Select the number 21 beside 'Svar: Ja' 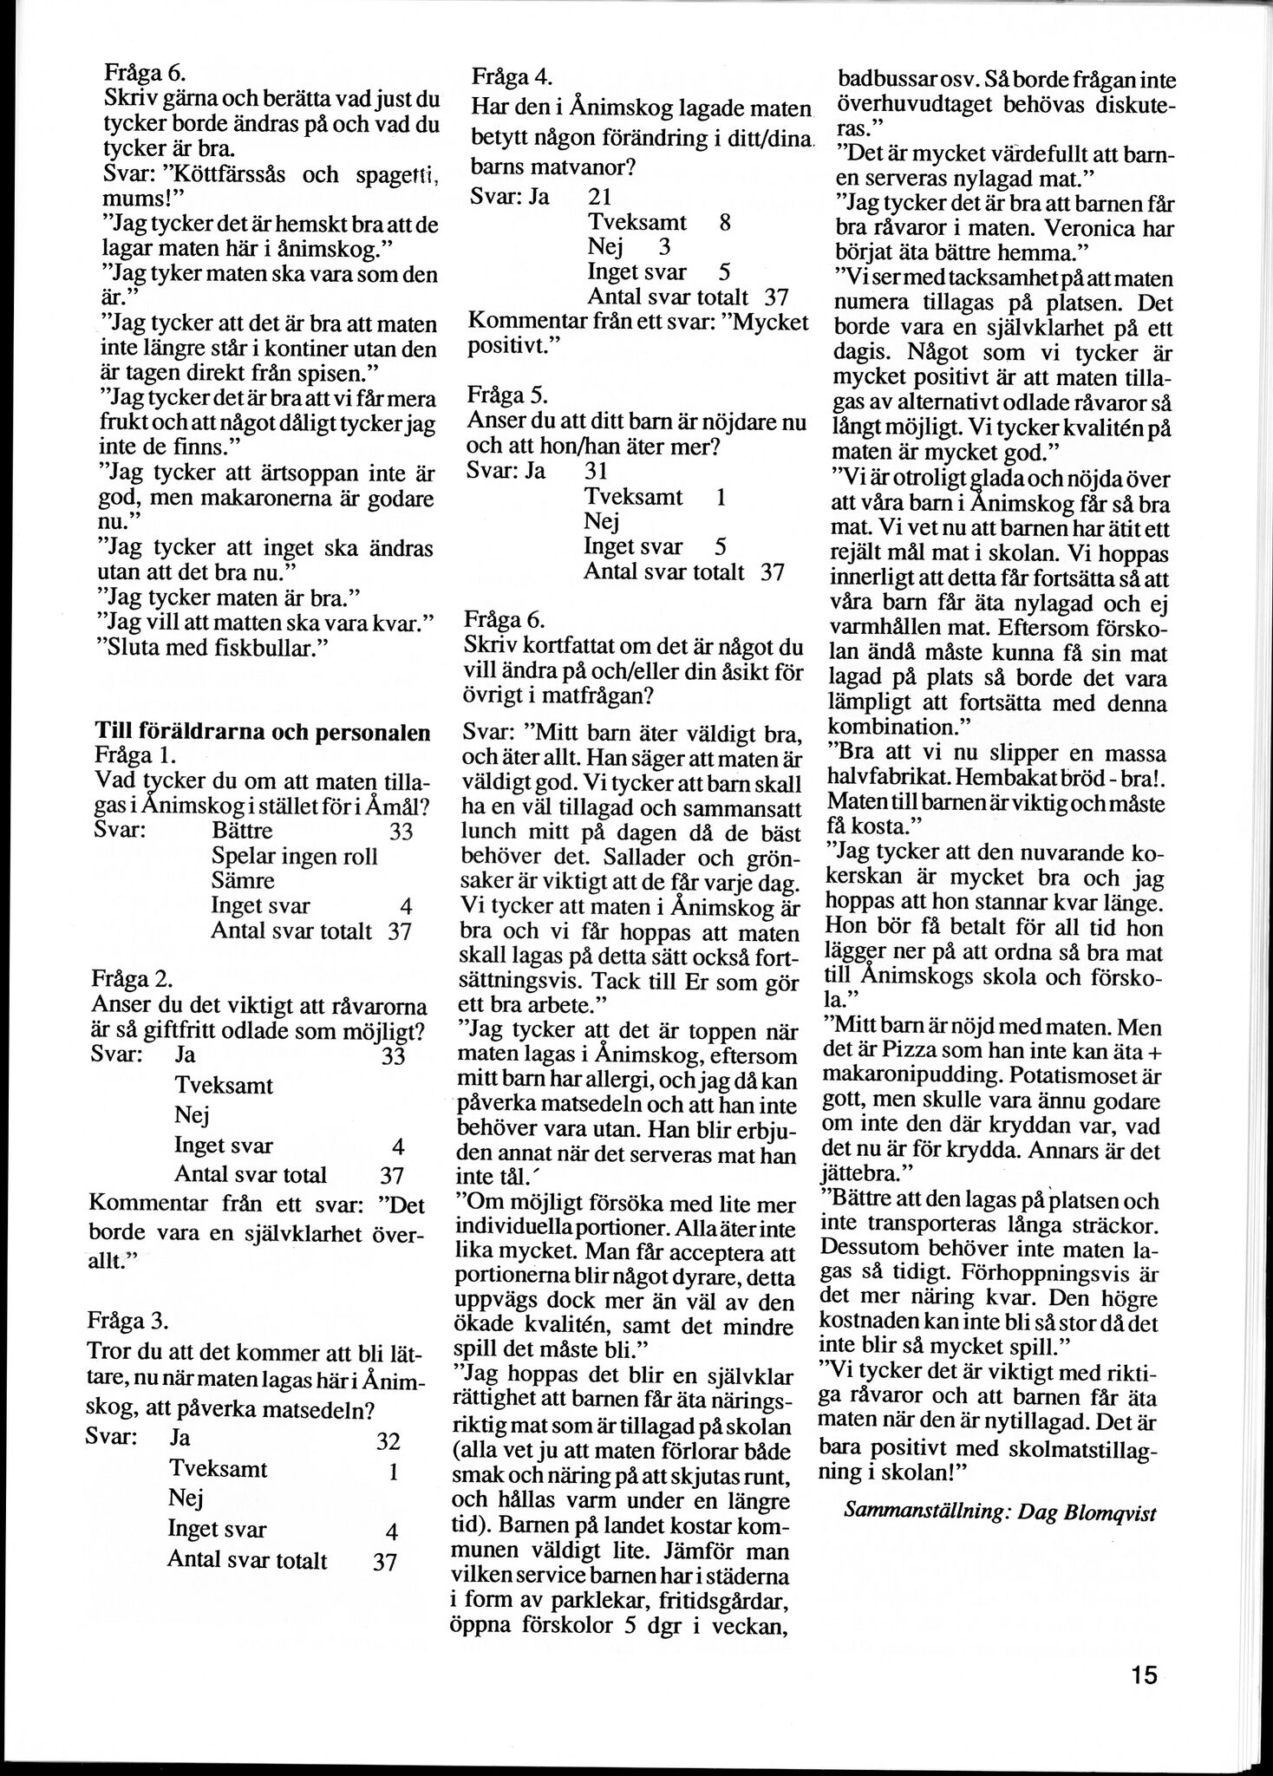(600, 196)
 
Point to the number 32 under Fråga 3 (387, 1441)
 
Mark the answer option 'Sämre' (243, 881)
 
